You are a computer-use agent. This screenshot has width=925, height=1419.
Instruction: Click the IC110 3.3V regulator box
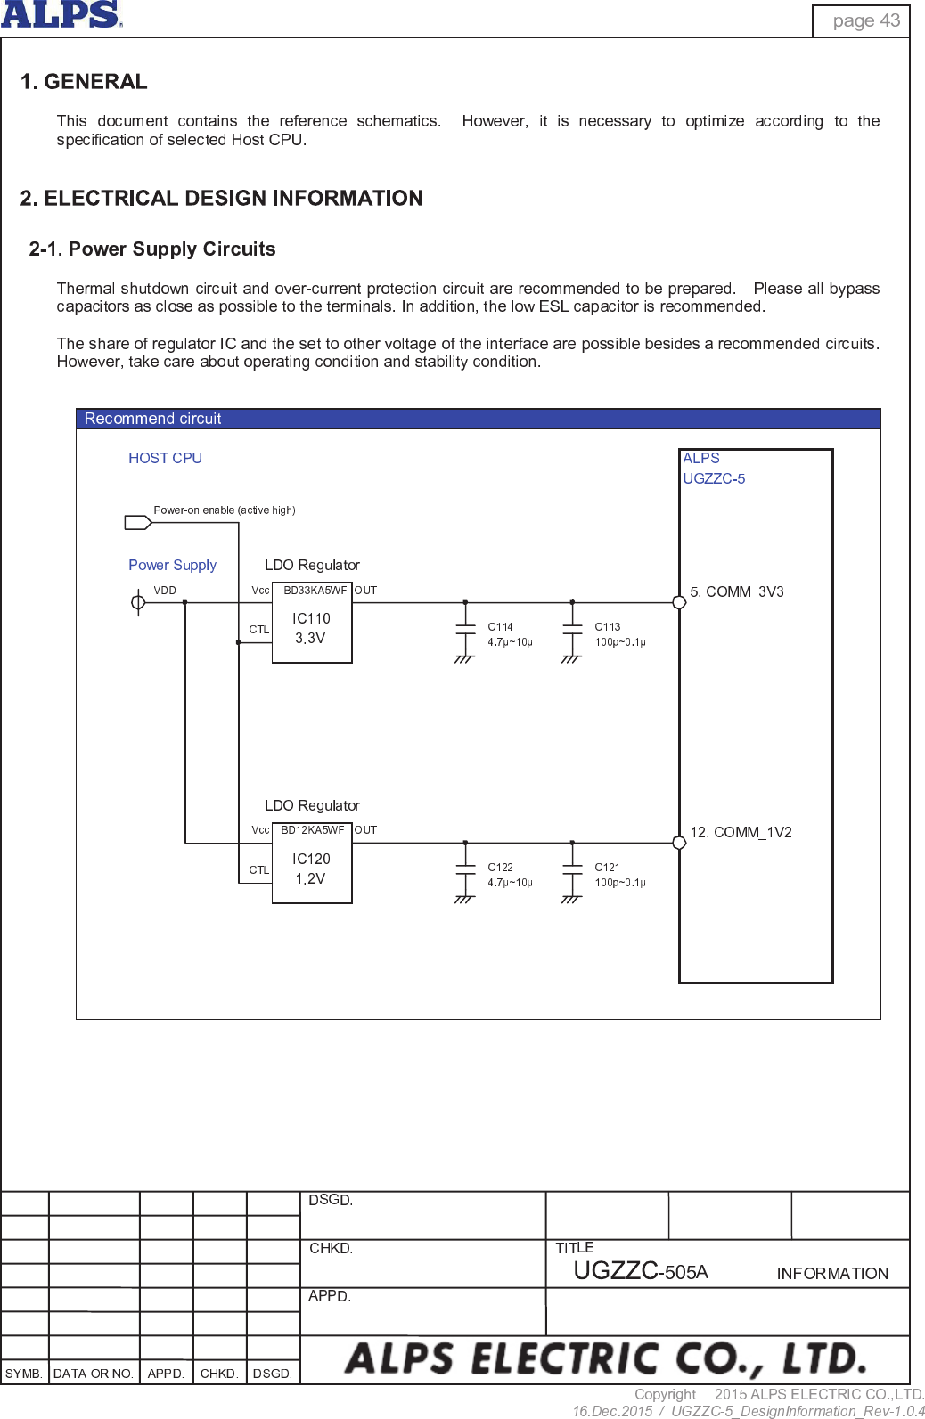[311, 628]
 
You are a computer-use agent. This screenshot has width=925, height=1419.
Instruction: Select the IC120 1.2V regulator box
[311, 869]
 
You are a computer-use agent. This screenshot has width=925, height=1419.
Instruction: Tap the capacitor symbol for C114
[465, 628]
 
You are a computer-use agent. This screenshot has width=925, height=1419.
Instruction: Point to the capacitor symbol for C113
[572, 628]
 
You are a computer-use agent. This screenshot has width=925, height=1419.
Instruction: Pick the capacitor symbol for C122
[465, 869]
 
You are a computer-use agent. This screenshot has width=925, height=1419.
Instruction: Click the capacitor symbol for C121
[572, 869]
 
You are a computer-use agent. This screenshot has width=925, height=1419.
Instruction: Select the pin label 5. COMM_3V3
[737, 592]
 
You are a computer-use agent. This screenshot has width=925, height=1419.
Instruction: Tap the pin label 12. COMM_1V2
[741, 833]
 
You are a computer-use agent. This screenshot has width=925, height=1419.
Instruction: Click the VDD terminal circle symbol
[138, 603]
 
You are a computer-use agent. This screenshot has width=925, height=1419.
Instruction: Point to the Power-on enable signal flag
[137, 522]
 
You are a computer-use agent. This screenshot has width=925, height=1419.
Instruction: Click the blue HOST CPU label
[165, 458]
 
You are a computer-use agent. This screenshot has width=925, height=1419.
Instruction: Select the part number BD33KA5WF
[315, 591]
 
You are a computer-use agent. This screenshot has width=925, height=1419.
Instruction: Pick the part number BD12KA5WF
[312, 830]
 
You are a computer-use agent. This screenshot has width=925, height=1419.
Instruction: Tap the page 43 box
[861, 20]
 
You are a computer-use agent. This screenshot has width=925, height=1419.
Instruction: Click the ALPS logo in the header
[61, 14]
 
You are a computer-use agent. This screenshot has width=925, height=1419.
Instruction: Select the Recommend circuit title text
[152, 419]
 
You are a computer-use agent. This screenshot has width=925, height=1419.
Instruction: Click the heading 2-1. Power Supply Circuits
[152, 249]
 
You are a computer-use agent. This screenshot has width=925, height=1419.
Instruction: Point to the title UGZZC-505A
[640, 1271]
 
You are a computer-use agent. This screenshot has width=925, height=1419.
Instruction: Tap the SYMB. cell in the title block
[24, 1374]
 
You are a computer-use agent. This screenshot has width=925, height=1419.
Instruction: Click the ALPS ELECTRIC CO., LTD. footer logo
[605, 1359]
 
